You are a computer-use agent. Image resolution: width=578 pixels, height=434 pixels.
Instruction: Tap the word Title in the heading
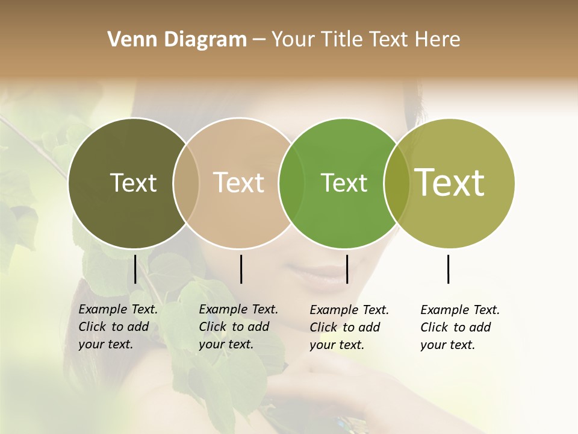[341, 40]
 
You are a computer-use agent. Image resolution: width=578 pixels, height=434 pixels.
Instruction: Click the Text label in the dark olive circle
[133, 183]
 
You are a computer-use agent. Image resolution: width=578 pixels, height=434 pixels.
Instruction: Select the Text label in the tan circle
[239, 183]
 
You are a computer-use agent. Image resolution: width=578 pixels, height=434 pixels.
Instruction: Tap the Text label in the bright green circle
[344, 183]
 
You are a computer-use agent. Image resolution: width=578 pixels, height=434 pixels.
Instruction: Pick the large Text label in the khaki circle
[450, 183]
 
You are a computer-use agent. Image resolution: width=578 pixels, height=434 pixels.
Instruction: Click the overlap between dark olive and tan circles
[186, 183]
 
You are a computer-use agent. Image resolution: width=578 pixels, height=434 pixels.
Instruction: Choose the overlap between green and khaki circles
[397, 183]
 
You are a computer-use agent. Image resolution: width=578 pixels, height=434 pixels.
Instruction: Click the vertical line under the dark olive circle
[135, 269]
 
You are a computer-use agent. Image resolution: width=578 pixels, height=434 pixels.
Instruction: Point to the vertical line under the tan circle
[241, 269]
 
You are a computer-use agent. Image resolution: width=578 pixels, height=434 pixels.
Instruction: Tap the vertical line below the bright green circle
[347, 269]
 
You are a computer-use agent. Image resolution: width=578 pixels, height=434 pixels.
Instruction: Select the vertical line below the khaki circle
[449, 269]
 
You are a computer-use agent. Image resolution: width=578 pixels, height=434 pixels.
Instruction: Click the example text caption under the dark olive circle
[117, 327]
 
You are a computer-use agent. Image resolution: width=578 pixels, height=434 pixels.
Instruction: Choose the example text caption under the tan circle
[238, 327]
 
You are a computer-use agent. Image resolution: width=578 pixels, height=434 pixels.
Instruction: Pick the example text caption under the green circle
[349, 327]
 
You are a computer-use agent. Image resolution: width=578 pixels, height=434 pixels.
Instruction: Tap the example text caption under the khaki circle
[459, 327]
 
